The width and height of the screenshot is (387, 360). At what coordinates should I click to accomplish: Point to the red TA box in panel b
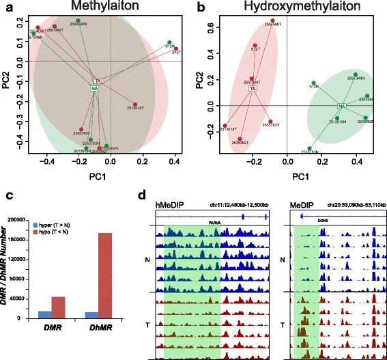point(253,88)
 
